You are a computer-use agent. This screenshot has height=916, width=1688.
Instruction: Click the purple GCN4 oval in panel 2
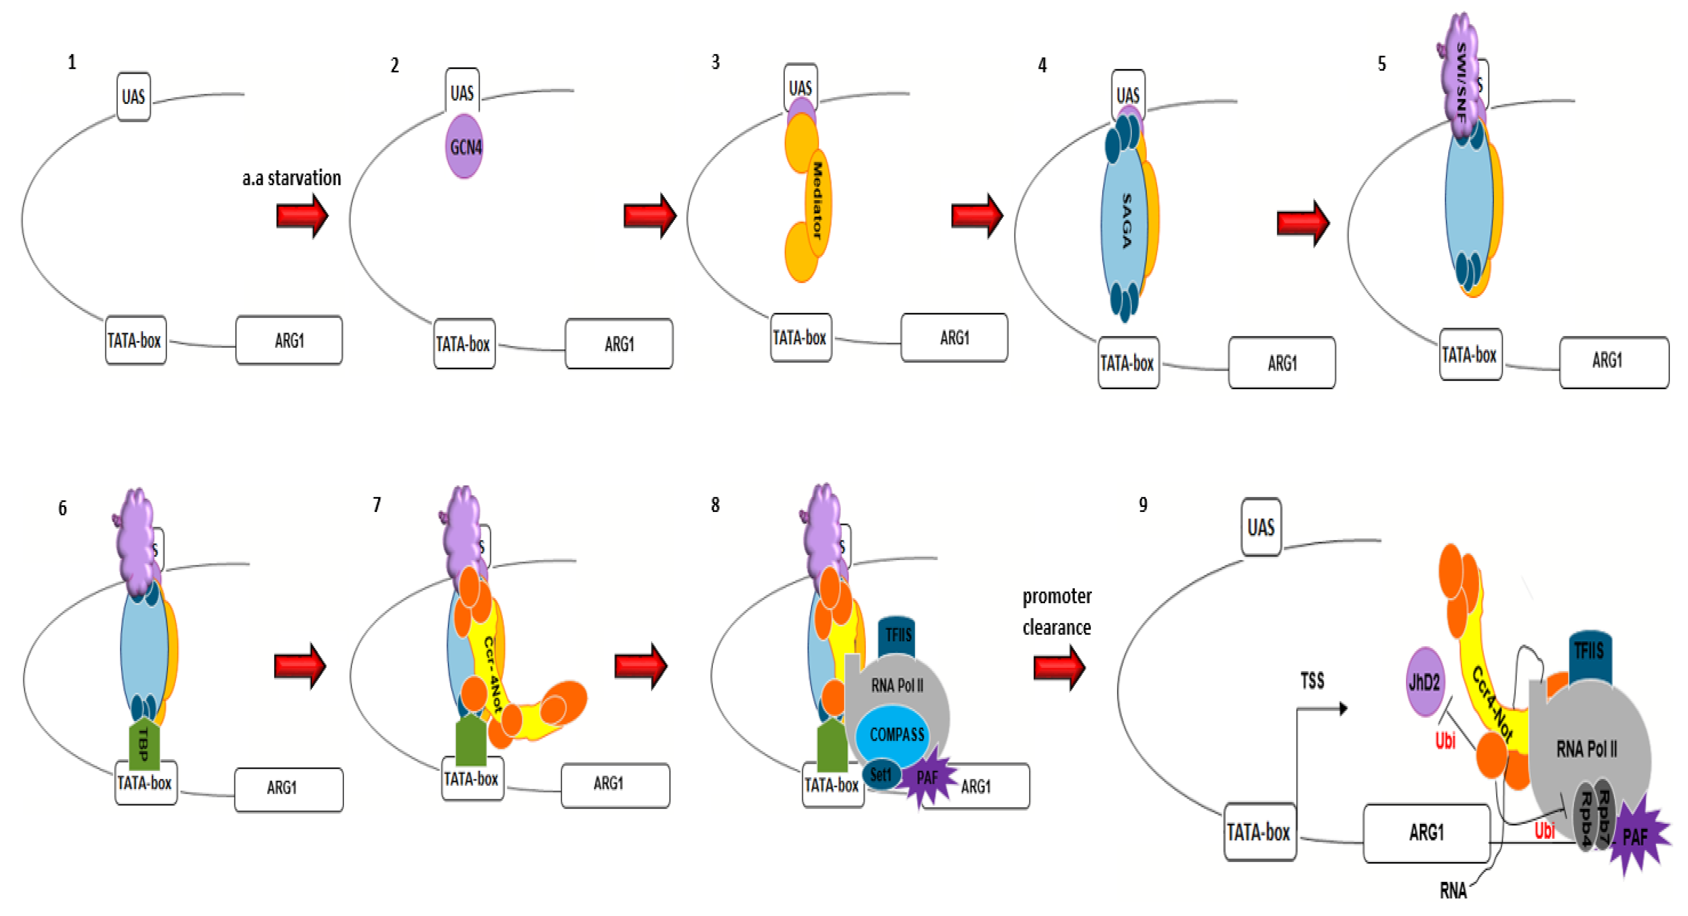464,146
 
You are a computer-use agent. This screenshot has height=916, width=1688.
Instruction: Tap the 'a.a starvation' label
292,178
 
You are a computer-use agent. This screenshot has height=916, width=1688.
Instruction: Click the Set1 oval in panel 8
880,774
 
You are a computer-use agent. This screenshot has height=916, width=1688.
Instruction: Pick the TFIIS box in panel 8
897,634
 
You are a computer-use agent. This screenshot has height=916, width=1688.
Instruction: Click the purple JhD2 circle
1425,682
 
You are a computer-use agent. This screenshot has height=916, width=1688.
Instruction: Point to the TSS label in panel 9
1312,680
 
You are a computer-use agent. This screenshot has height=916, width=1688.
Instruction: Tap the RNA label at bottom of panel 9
1453,890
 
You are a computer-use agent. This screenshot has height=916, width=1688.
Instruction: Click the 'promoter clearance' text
1056,611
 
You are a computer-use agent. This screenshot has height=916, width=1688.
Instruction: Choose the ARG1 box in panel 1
289,340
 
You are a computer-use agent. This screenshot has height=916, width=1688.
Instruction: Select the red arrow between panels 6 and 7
300,666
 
